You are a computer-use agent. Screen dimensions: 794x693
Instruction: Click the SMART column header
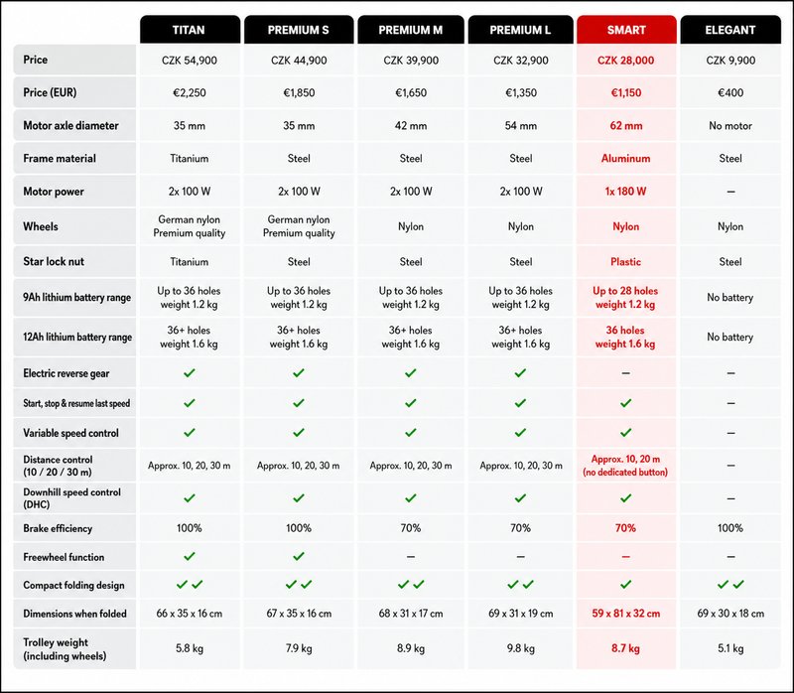(626, 30)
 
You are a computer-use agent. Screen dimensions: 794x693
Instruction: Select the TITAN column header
(189, 30)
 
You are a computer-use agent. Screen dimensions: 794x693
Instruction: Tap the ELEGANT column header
(730, 30)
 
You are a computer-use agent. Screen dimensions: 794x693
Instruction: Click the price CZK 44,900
(299, 61)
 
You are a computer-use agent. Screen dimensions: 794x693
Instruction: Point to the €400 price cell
(730, 92)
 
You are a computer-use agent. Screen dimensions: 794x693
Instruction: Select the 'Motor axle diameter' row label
(70, 126)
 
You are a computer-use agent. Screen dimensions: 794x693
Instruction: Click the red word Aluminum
(626, 159)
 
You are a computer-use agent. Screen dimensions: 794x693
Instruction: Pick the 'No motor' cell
(730, 126)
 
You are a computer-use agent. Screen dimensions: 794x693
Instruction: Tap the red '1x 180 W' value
(626, 192)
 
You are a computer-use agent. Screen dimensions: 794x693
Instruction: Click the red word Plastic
(626, 262)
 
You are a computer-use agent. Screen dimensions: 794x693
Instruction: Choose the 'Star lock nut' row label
(54, 261)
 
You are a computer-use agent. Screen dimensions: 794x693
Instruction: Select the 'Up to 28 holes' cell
(625, 291)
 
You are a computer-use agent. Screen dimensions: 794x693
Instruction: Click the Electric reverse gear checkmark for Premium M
(411, 373)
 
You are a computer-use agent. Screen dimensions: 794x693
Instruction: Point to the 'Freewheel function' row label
(64, 557)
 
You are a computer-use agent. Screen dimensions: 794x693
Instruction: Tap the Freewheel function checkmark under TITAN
(190, 556)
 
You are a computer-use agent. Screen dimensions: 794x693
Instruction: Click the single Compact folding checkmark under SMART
(626, 584)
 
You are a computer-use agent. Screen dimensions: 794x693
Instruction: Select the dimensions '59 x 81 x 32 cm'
(626, 614)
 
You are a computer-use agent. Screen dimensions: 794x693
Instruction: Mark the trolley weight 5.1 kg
(730, 648)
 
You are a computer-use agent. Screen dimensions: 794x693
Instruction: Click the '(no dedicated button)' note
(625, 473)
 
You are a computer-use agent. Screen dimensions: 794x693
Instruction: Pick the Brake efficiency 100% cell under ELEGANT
(730, 528)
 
